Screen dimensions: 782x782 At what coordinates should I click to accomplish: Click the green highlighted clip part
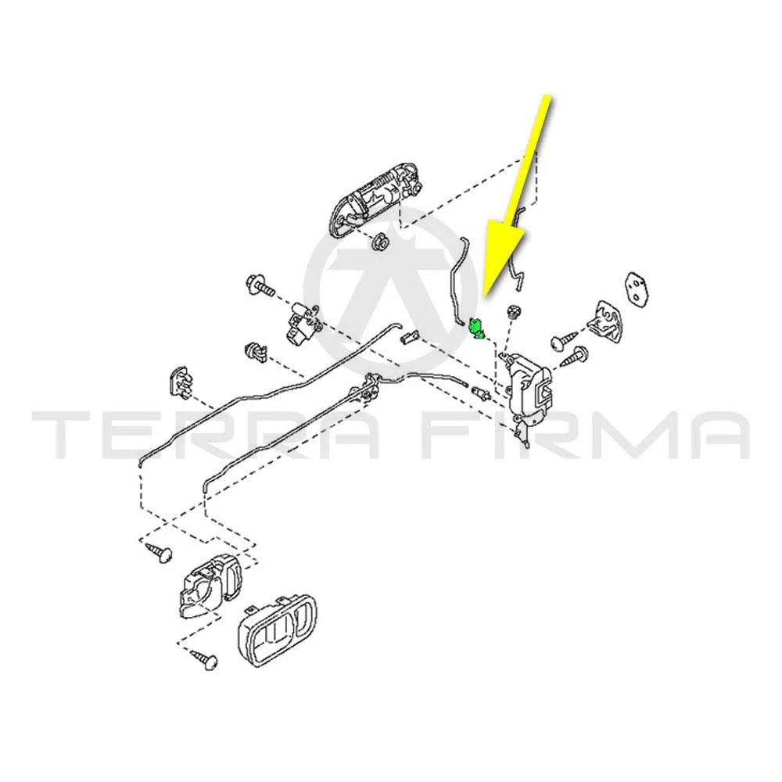tap(475, 328)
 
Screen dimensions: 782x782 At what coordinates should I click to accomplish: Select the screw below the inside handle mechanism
tap(204, 658)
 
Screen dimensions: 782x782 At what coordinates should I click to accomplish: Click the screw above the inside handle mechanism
tap(160, 552)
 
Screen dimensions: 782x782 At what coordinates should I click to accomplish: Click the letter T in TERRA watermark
tap(67, 435)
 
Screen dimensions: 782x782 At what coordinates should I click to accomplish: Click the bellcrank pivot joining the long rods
tap(370, 385)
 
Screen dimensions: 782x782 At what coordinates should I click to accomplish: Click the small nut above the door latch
tap(512, 313)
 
